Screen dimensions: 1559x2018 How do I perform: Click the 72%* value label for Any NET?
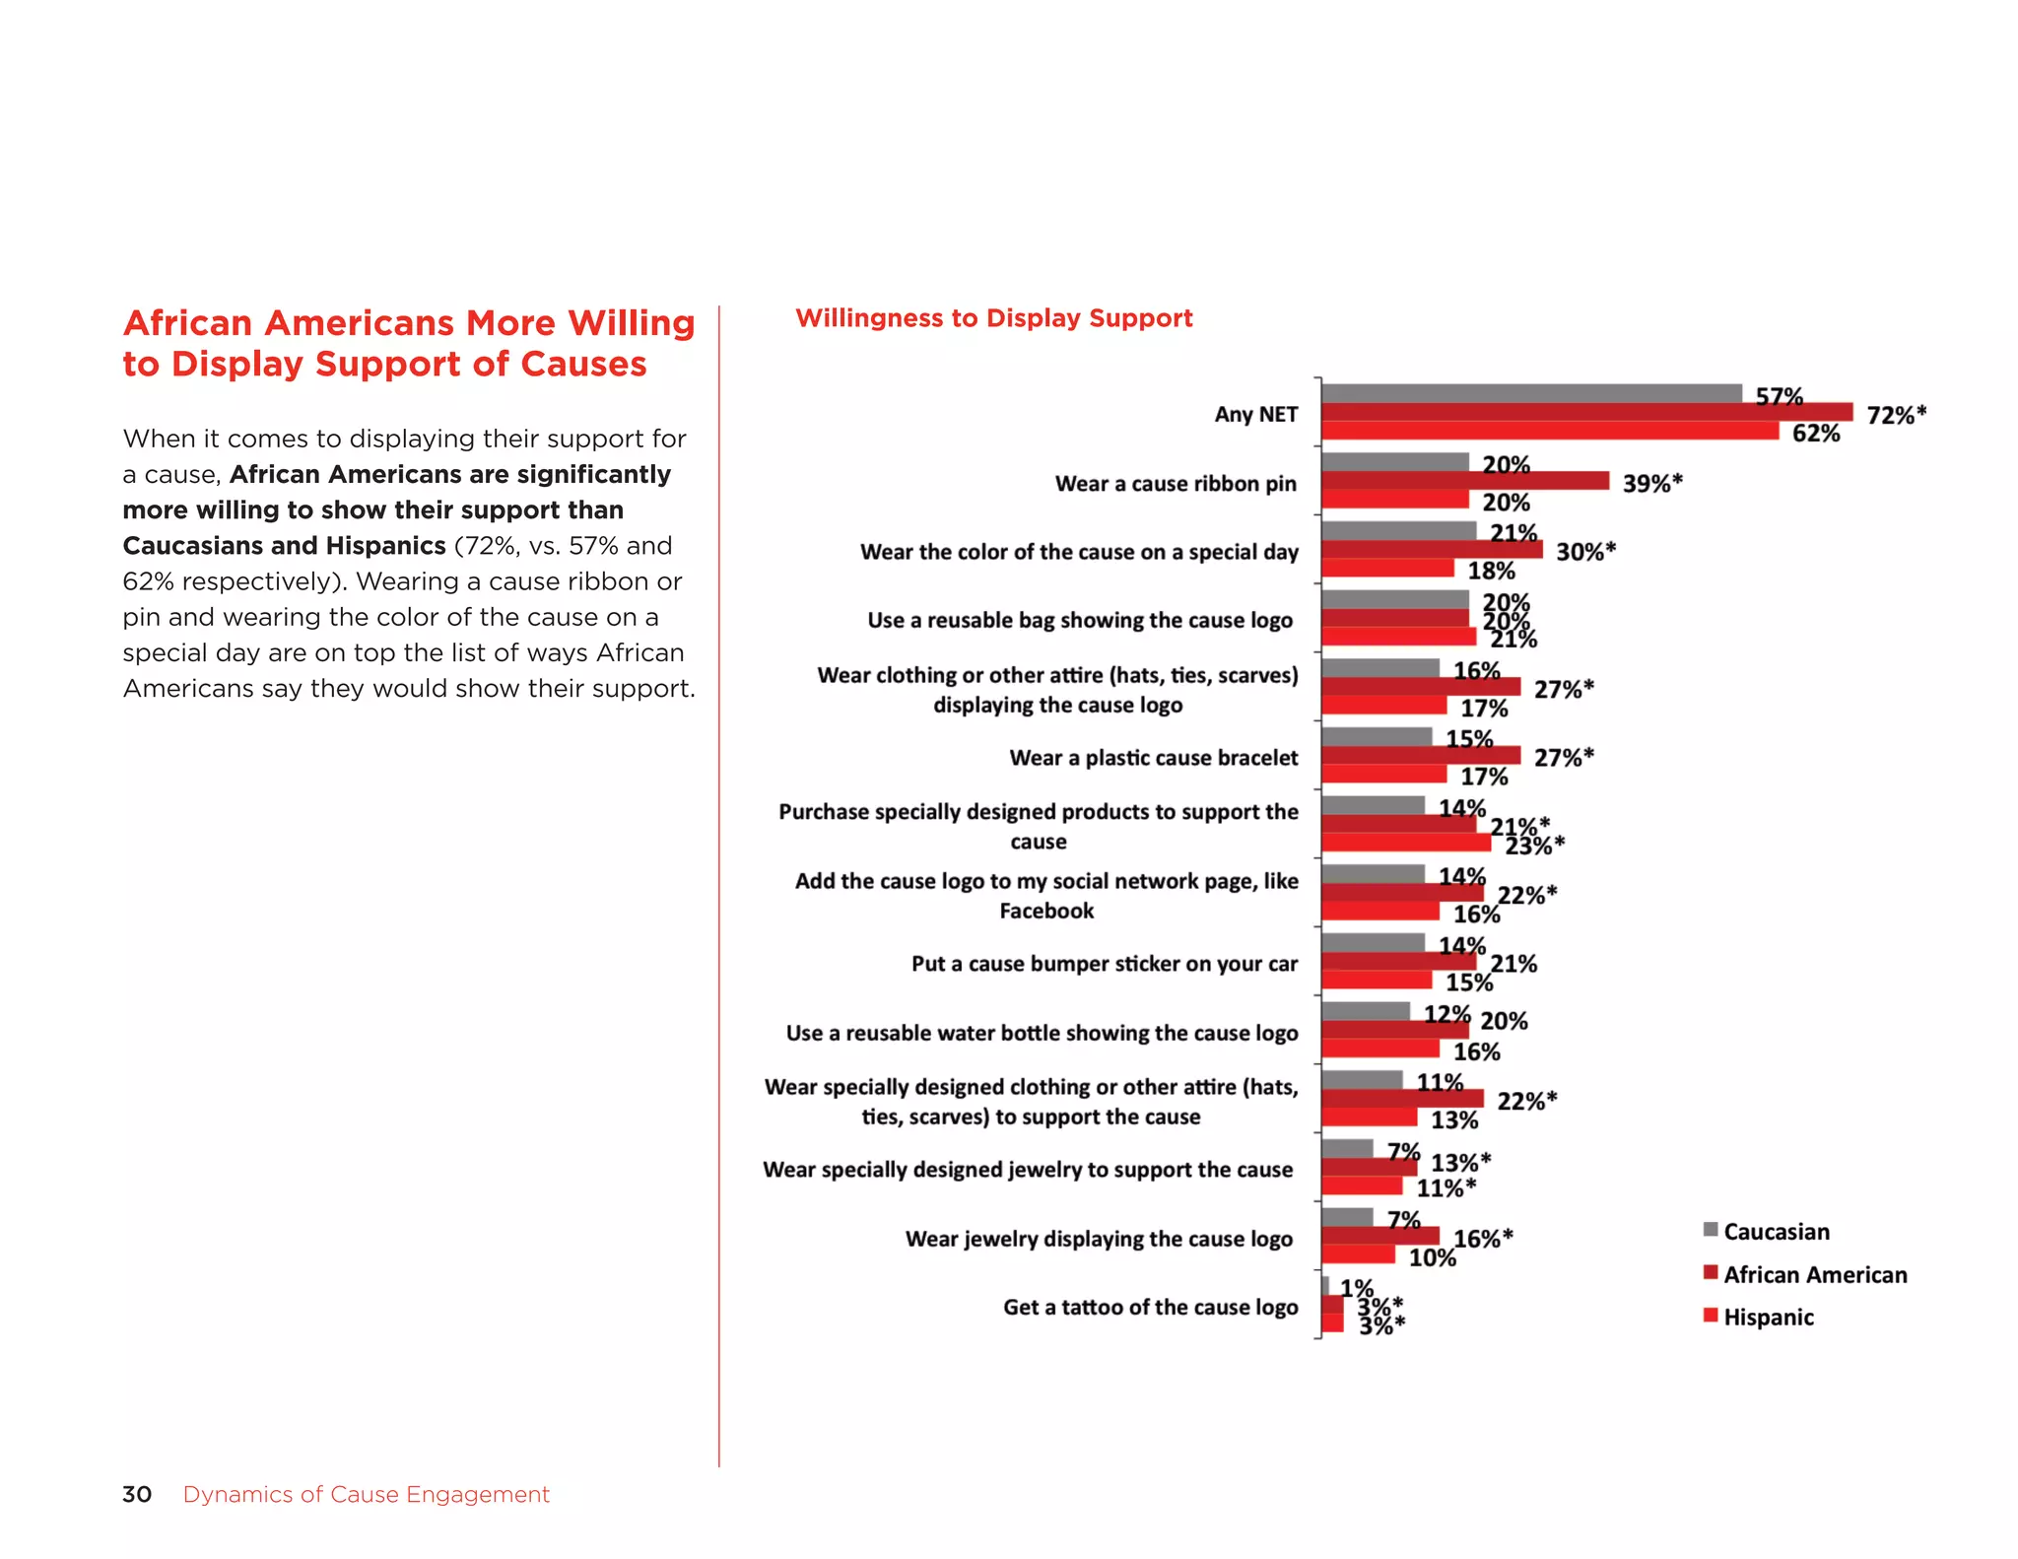(x=1895, y=415)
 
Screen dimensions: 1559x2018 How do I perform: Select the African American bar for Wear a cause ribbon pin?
(x=1464, y=481)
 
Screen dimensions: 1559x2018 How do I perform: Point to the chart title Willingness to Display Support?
(x=993, y=318)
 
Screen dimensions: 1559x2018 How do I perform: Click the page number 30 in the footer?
(x=137, y=1494)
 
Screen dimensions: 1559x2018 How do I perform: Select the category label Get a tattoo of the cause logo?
(x=1150, y=1308)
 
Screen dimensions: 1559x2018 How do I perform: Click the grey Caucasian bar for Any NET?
(x=1530, y=393)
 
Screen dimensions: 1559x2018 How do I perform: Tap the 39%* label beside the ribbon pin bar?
(x=1651, y=483)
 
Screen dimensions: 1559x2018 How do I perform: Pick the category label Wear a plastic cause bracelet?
(x=1153, y=758)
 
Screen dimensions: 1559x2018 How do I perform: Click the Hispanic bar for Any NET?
(x=1549, y=431)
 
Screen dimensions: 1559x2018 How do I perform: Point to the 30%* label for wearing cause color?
(x=1584, y=552)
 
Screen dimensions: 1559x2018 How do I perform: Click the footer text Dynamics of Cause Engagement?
(x=366, y=1494)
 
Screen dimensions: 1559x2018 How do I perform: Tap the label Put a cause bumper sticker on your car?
(x=1104, y=964)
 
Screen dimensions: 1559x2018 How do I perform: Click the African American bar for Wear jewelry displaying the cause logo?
(x=1379, y=1236)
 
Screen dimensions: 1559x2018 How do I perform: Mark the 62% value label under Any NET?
(x=1815, y=434)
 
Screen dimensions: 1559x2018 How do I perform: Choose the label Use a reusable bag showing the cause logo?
(x=1079, y=621)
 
